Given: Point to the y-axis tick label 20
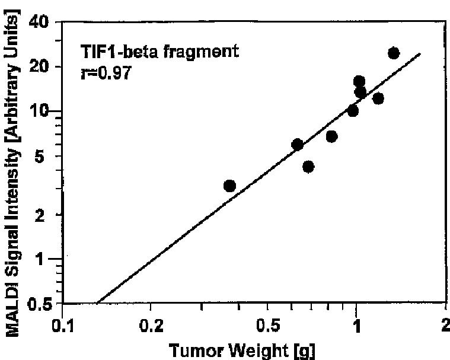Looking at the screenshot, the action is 40,66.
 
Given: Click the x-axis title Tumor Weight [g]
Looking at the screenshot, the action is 242,351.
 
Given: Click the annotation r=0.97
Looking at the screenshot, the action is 106,73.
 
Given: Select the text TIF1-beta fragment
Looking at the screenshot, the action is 159,52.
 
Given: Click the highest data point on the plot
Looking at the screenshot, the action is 394,53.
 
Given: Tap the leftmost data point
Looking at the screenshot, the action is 229,186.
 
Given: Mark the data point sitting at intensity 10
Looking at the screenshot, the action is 353,111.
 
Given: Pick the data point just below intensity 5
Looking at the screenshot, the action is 308,167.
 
